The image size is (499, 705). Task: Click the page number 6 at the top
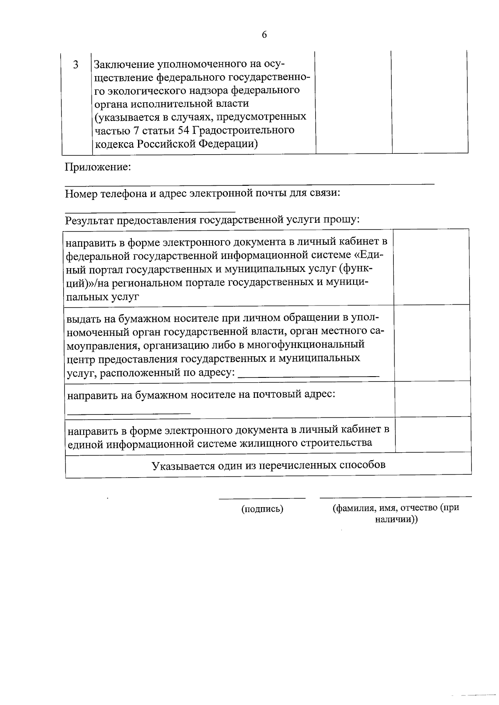264,35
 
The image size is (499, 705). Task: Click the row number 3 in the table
76,65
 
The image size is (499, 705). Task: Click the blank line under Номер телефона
150,211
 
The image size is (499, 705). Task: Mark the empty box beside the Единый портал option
431,266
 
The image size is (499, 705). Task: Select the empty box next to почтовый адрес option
432,399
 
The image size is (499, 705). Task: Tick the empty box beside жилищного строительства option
433,434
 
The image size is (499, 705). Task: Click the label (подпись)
262,509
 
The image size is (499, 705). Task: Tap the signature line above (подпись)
262,498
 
